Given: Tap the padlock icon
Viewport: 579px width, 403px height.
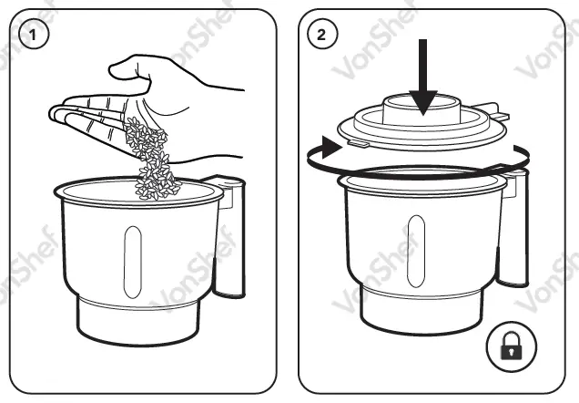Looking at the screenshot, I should coord(513,346).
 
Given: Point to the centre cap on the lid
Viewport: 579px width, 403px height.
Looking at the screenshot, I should coord(422,108).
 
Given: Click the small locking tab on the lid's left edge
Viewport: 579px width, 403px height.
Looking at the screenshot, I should coord(358,142).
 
